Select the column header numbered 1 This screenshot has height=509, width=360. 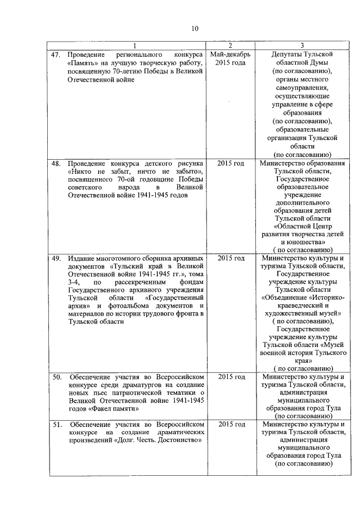tap(134, 46)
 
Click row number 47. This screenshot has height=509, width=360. tap(56, 55)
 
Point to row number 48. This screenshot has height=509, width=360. tap(56, 163)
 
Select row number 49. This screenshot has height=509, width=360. tap(56, 258)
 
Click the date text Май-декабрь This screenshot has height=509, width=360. tap(231, 55)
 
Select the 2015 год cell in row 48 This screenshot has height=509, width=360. tap(231, 163)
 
